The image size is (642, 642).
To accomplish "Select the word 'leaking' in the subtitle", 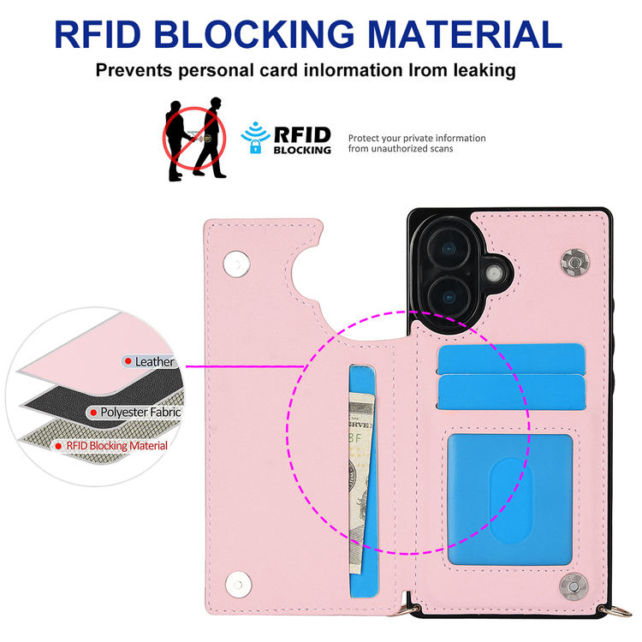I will click(480, 70).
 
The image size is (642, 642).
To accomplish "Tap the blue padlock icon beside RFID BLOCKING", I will click(253, 146).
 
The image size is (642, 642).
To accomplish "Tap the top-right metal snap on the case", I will click(574, 259).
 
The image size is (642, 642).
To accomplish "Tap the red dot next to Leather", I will click(128, 362).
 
